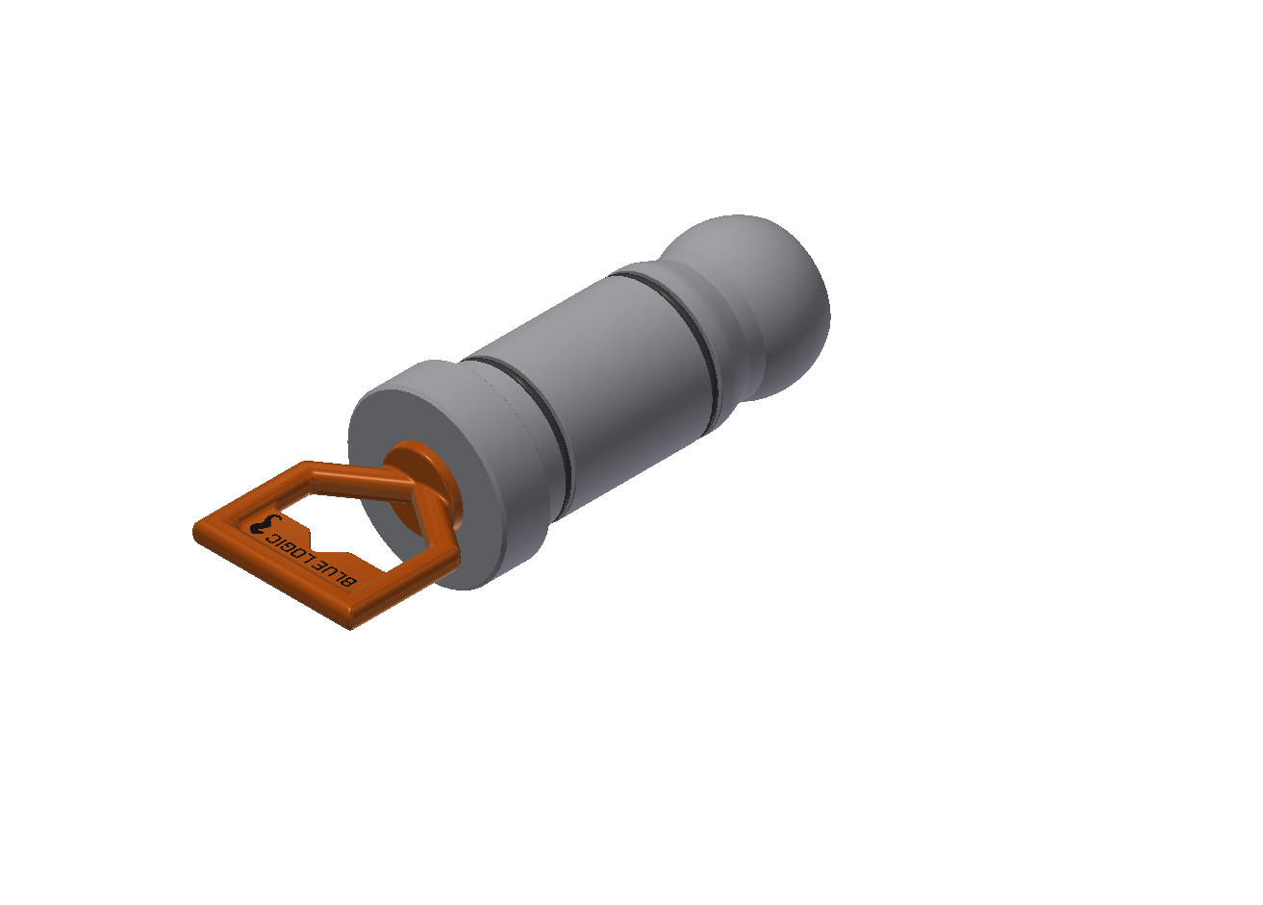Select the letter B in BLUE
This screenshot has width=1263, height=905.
(x=348, y=581)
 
